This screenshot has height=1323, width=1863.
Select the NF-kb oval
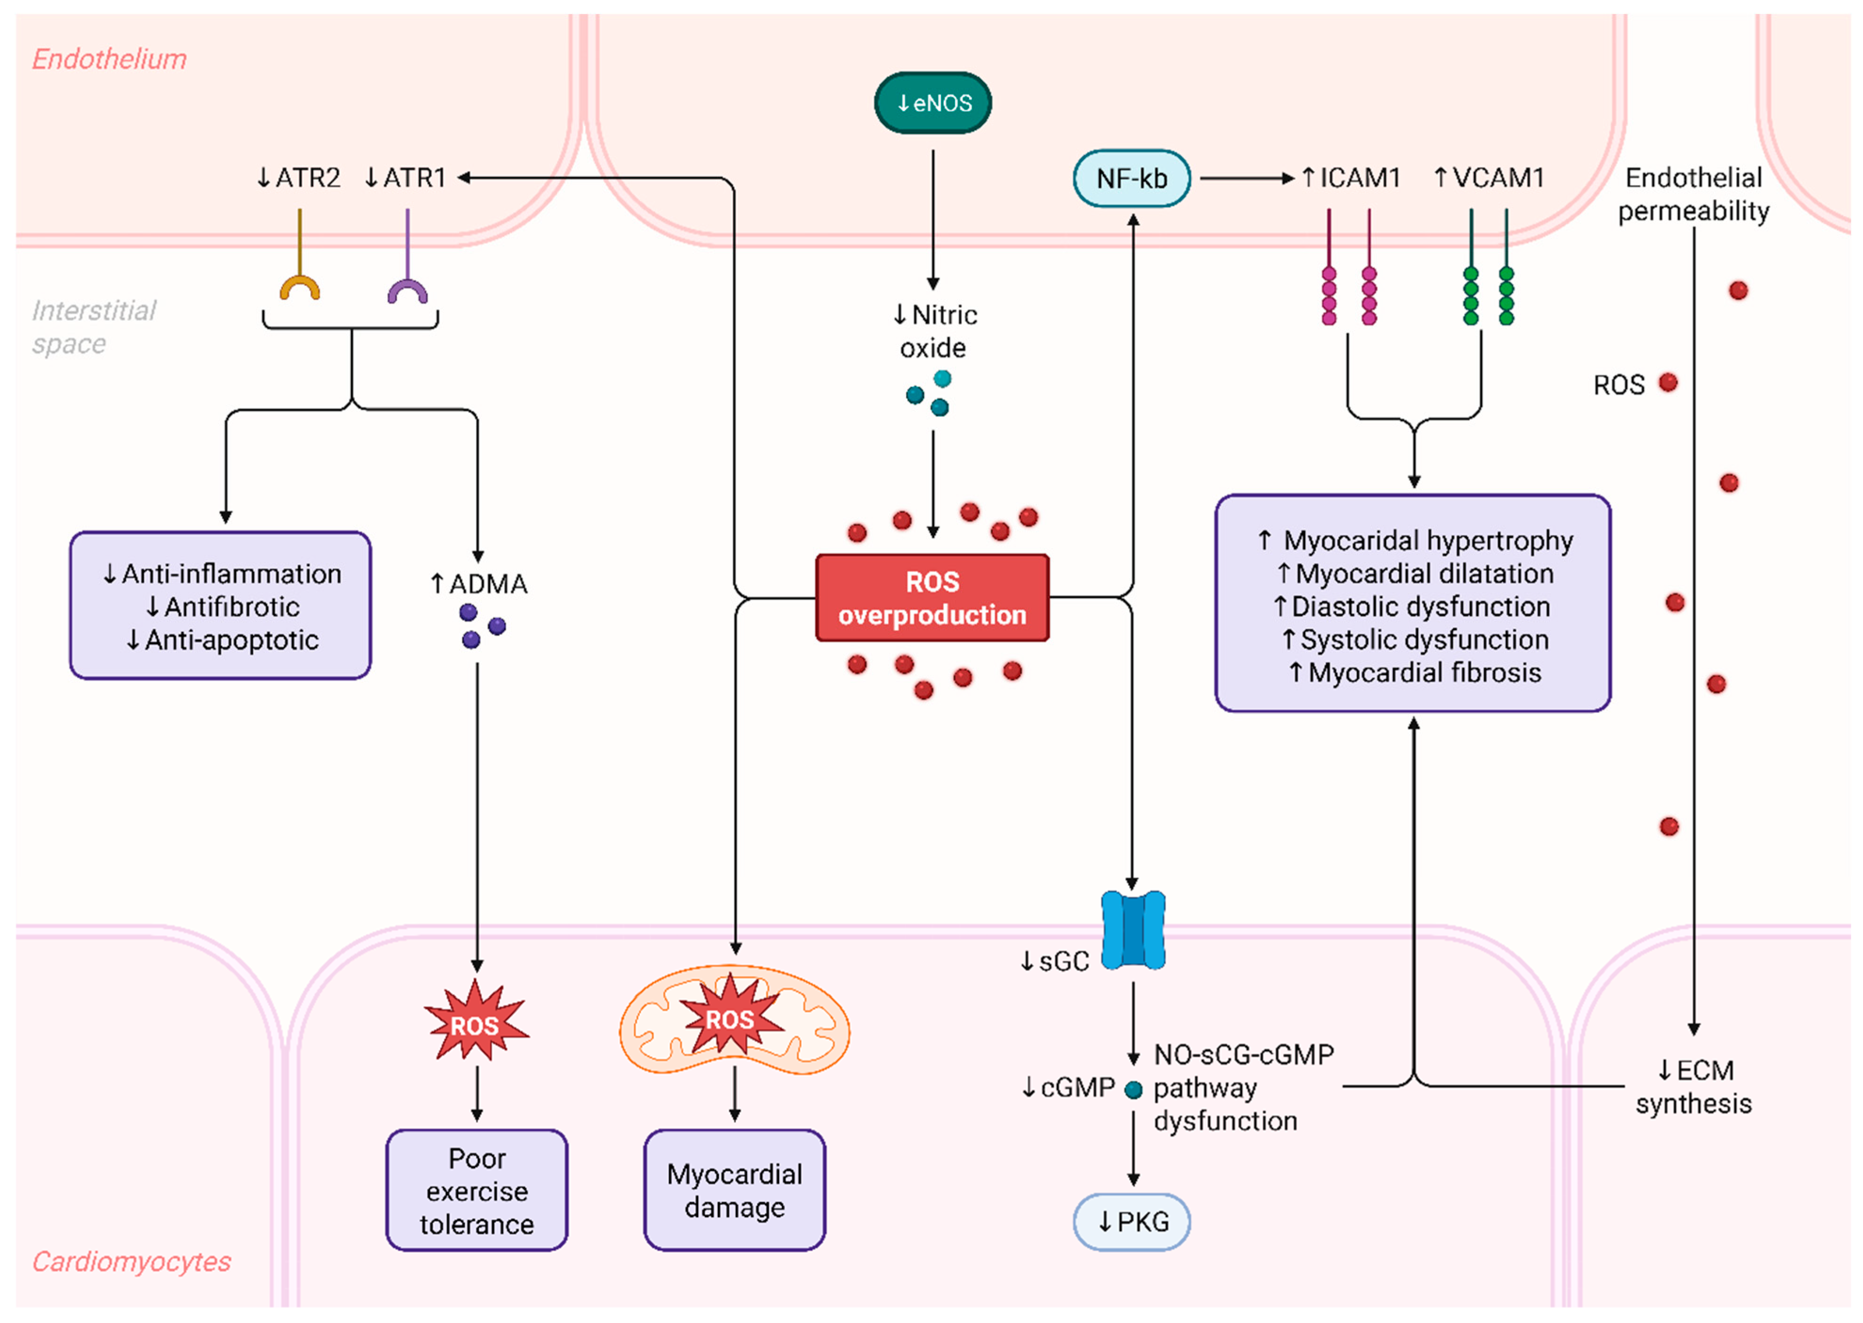(1131, 178)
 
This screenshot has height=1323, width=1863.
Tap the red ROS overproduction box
(933, 598)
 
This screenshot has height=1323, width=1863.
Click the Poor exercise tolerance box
(477, 1190)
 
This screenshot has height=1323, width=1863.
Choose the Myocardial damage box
(734, 1190)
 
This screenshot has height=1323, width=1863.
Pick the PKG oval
(1131, 1222)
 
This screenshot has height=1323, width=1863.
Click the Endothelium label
(109, 59)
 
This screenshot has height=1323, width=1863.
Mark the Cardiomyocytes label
(131, 1261)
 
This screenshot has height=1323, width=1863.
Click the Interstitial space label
(93, 327)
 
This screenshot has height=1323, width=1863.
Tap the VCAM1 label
(1489, 177)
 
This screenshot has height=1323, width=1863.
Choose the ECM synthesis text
(1694, 1087)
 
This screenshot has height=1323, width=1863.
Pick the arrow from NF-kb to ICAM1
(1246, 178)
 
